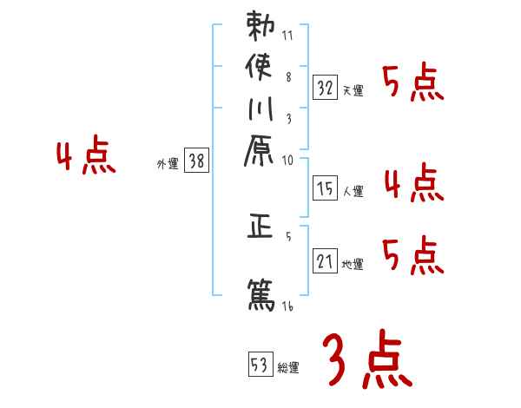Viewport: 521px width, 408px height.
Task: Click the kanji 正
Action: [x=260, y=228]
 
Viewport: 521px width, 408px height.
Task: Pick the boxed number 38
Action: [x=198, y=160]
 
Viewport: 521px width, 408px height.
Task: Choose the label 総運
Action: [x=288, y=368]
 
